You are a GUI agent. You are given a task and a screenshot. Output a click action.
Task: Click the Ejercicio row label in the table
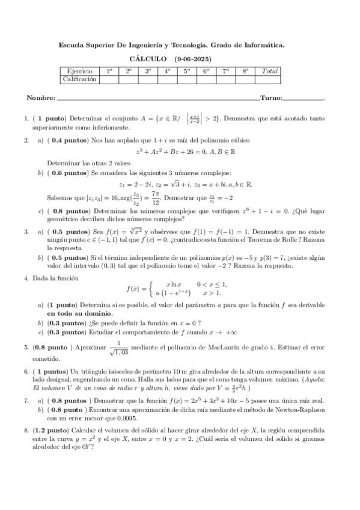[79, 71]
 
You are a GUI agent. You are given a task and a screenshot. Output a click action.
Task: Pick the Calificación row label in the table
[79, 79]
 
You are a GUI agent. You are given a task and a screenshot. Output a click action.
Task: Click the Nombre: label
[41, 97]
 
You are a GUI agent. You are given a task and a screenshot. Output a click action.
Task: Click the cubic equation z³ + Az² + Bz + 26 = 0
[180, 153]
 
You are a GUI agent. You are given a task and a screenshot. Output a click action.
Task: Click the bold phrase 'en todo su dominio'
[80, 313]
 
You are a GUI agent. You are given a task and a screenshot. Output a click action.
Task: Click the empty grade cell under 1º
[109, 79]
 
